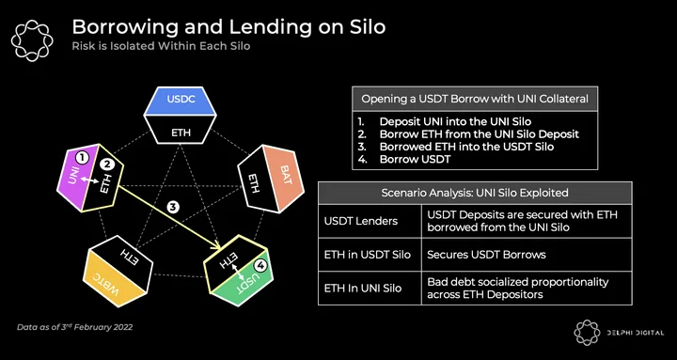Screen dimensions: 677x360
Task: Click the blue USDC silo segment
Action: [x=180, y=101]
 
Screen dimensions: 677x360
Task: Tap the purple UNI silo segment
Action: [x=74, y=176]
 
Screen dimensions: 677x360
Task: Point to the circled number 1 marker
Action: [x=82, y=159]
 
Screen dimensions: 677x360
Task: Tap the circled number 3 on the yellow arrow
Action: [x=173, y=207]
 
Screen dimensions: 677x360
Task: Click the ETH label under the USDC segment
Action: [x=181, y=133]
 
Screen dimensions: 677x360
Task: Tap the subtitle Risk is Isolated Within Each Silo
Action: [x=161, y=46]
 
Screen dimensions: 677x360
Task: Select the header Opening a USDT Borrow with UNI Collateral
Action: [x=475, y=99]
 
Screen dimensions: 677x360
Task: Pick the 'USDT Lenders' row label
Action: [x=360, y=221]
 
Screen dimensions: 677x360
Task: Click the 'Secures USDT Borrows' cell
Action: [x=486, y=255]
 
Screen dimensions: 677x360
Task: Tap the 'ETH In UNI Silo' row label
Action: [x=363, y=288]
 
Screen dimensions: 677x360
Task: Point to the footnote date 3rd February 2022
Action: [x=95, y=327]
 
